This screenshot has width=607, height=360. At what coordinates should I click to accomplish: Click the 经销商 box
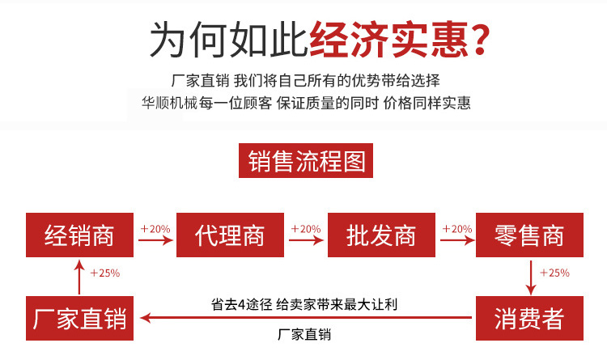pyautogui.click(x=80, y=235)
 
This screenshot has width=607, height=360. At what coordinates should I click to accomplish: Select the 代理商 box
pyautogui.click(x=231, y=235)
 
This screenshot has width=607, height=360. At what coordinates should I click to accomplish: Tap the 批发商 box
pyautogui.click(x=381, y=235)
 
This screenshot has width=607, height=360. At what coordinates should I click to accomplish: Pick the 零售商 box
pyautogui.click(x=529, y=235)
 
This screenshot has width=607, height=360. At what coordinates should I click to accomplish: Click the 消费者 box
pyautogui.click(x=529, y=318)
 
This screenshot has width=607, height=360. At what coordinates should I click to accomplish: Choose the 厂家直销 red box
pyautogui.click(x=80, y=318)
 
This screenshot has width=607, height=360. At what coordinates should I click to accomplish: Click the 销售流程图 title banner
pyautogui.click(x=306, y=161)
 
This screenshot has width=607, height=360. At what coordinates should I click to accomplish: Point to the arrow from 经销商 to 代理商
pyautogui.click(x=155, y=240)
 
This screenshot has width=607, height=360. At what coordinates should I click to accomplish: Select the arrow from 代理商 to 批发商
pyautogui.click(x=306, y=240)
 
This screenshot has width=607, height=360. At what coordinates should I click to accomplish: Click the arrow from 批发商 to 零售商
pyautogui.click(x=457, y=240)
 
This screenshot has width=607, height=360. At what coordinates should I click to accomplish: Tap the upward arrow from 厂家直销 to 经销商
pyautogui.click(x=79, y=277)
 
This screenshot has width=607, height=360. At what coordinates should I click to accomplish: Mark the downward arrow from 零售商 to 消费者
pyautogui.click(x=531, y=278)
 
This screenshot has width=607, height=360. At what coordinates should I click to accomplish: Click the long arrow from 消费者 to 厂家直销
pyautogui.click(x=306, y=318)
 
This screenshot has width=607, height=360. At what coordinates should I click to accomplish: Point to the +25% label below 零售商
pyautogui.click(x=554, y=273)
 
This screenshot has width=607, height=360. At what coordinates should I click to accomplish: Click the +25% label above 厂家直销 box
pyautogui.click(x=105, y=273)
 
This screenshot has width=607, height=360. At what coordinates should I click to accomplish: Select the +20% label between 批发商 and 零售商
pyautogui.click(x=457, y=229)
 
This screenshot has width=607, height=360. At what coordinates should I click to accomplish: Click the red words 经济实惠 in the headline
pyautogui.click(x=389, y=40)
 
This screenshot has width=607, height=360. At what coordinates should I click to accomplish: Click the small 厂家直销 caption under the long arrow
pyautogui.click(x=304, y=334)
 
